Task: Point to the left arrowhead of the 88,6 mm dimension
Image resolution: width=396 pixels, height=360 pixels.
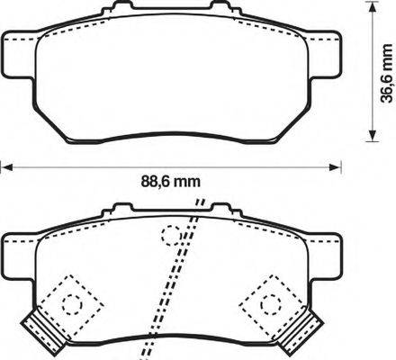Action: [5, 166]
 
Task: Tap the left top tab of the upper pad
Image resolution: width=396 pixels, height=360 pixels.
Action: [115, 10]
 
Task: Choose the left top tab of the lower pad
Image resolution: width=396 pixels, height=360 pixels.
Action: [115, 211]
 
